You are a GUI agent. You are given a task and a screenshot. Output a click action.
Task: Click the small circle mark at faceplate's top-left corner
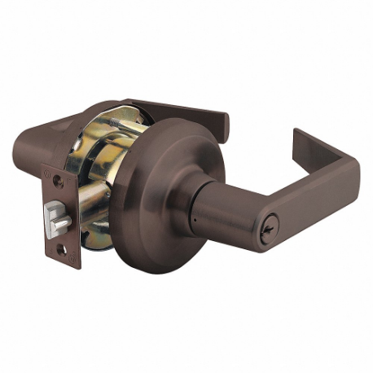tap(47, 173)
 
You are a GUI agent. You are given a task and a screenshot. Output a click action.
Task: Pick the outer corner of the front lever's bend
tap(352, 167)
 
